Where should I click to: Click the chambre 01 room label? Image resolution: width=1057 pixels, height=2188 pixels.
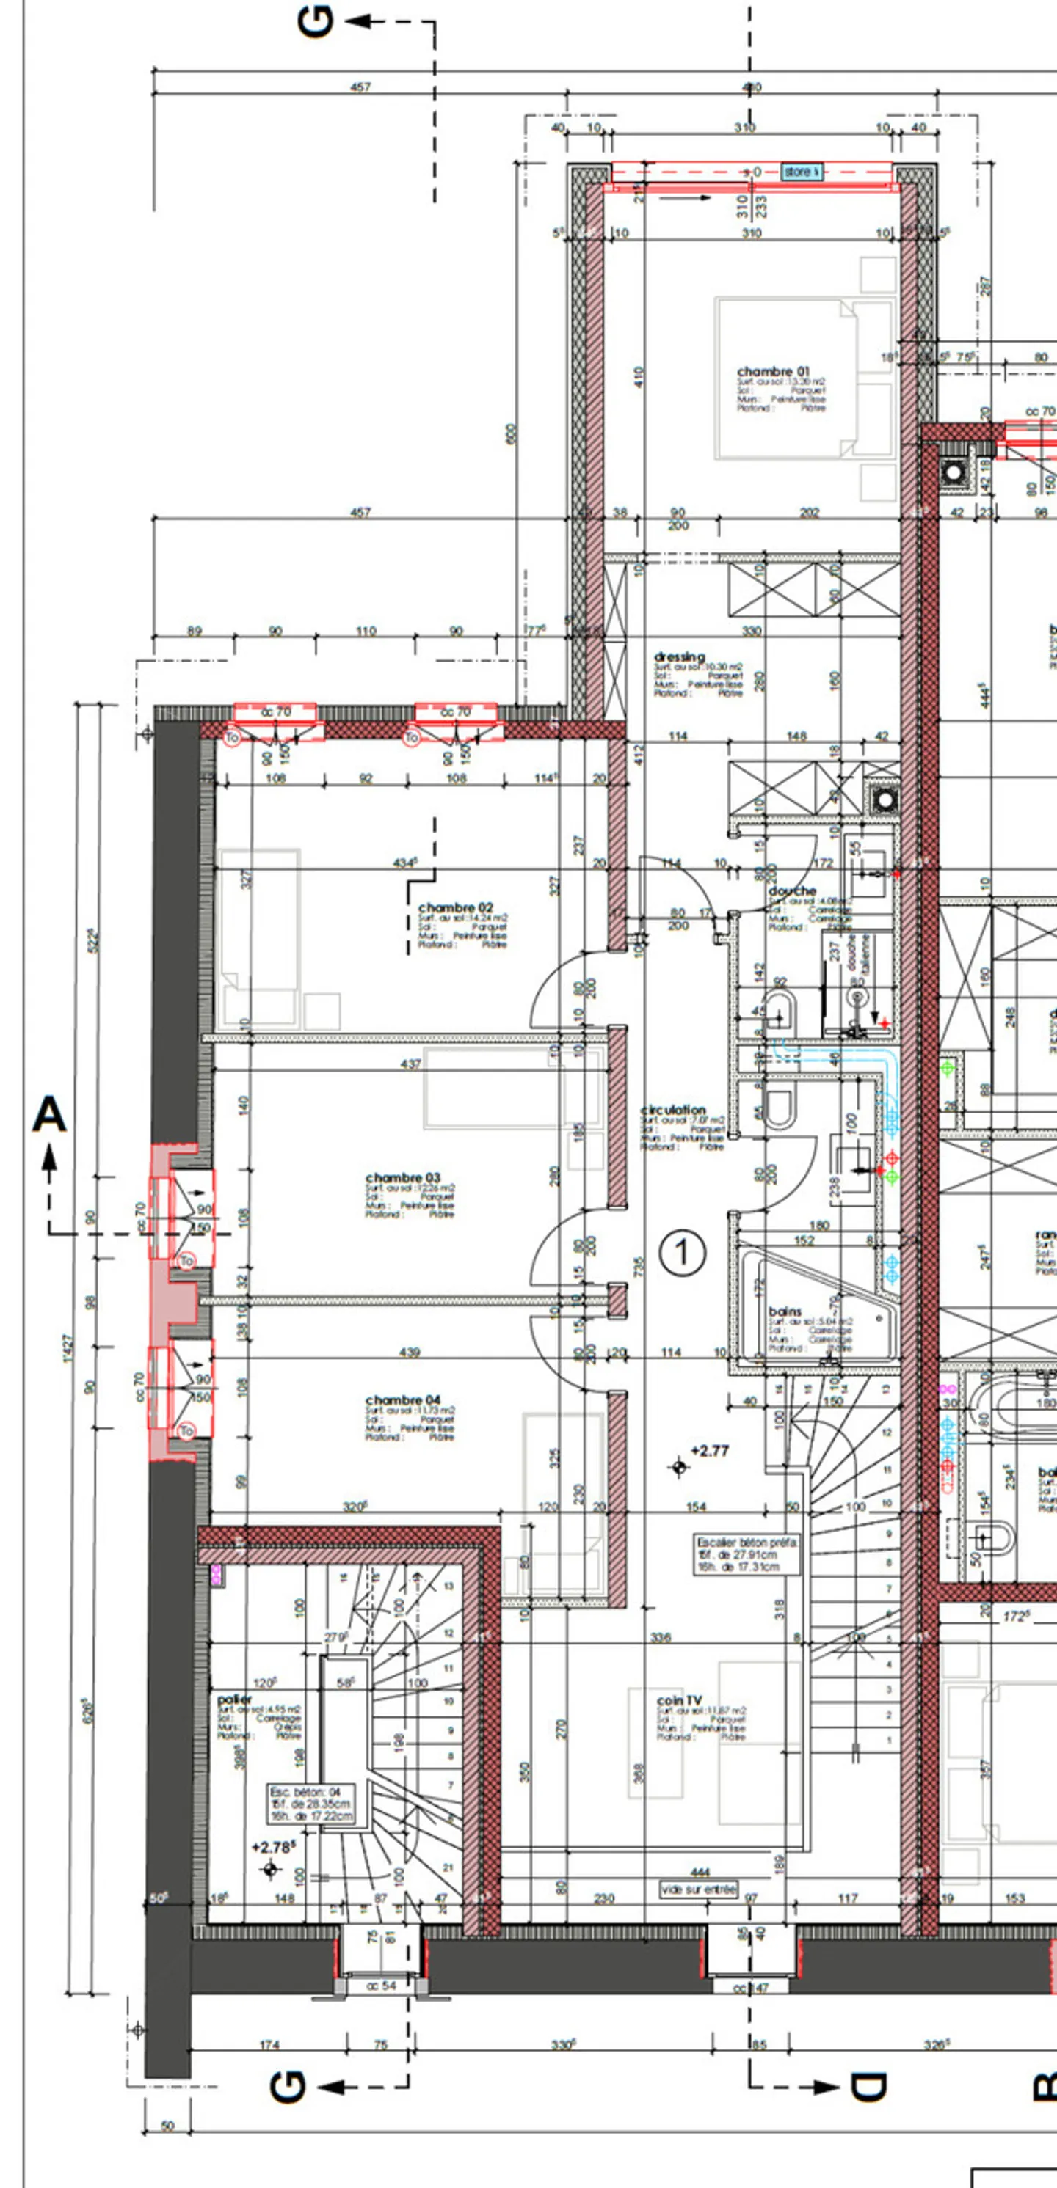pos(772,371)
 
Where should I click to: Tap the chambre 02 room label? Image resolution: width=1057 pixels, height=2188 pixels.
pos(455,907)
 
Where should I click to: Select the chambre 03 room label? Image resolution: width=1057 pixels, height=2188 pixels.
pos(403,1177)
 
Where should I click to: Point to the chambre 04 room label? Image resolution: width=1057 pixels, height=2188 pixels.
pos(403,1399)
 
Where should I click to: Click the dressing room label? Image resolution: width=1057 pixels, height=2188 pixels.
pos(680,656)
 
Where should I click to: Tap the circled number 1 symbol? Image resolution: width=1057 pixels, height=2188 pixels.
pos(683,1253)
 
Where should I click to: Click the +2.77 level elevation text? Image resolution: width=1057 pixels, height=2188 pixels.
pos(710,1451)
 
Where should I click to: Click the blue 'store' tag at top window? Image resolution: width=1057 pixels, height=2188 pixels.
pos(800,172)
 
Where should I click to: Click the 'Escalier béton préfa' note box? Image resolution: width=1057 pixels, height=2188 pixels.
pos(746,1554)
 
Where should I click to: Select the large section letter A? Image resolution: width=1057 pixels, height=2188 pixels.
pos(49,1113)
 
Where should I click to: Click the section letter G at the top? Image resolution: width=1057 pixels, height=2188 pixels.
pos(316,21)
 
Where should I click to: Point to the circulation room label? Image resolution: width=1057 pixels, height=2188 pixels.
pos(673,1109)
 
